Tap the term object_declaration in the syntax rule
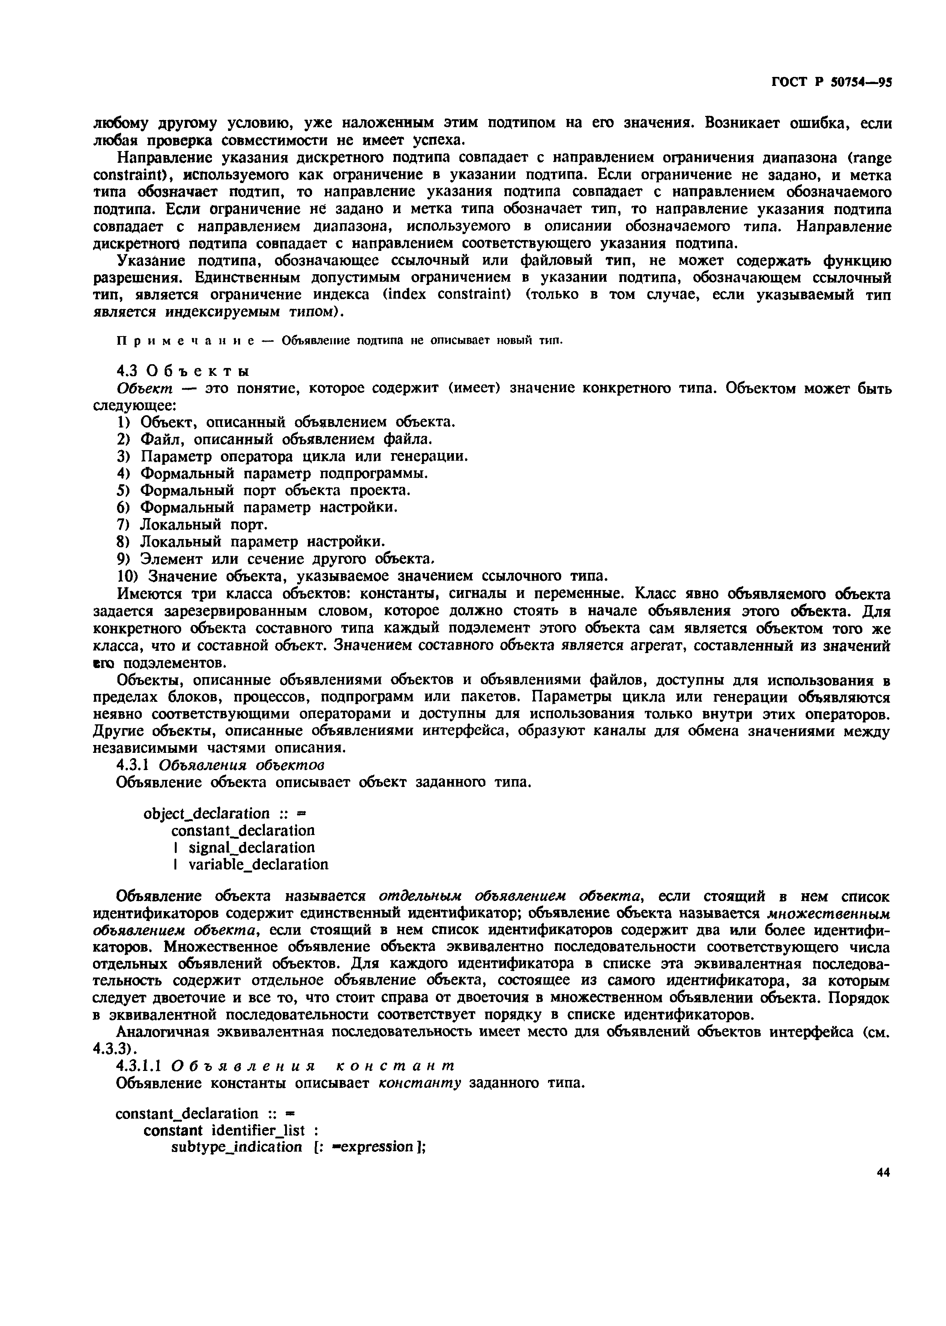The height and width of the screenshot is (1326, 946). coord(206,813)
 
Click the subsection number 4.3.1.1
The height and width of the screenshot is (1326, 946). coord(142,1066)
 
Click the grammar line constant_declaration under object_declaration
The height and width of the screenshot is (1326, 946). coord(243,830)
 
